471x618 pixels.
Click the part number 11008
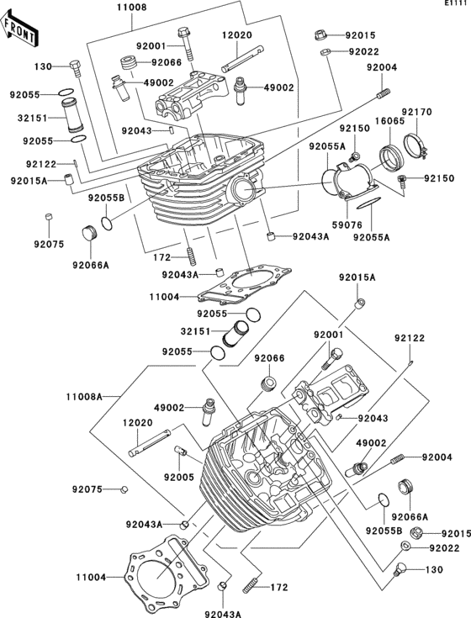pyautogui.click(x=131, y=8)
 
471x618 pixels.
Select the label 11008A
pyautogui.click(x=84, y=396)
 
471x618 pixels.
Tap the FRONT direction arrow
pyautogui.click(x=19, y=29)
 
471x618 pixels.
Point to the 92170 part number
pyautogui.click(x=417, y=112)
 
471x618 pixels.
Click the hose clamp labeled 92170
pyautogui.click(x=415, y=145)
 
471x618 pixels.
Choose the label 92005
pyautogui.click(x=179, y=478)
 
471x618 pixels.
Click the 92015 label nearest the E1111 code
pyautogui.click(x=360, y=35)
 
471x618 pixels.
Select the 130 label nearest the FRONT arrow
pyautogui.click(x=43, y=66)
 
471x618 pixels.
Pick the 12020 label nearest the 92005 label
pyautogui.click(x=138, y=423)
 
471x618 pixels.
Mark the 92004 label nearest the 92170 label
pyautogui.click(x=382, y=67)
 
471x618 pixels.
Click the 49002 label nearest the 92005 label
pyautogui.click(x=169, y=408)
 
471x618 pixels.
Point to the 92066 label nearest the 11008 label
pyautogui.click(x=167, y=62)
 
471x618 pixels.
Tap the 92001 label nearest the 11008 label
pyautogui.click(x=151, y=45)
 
